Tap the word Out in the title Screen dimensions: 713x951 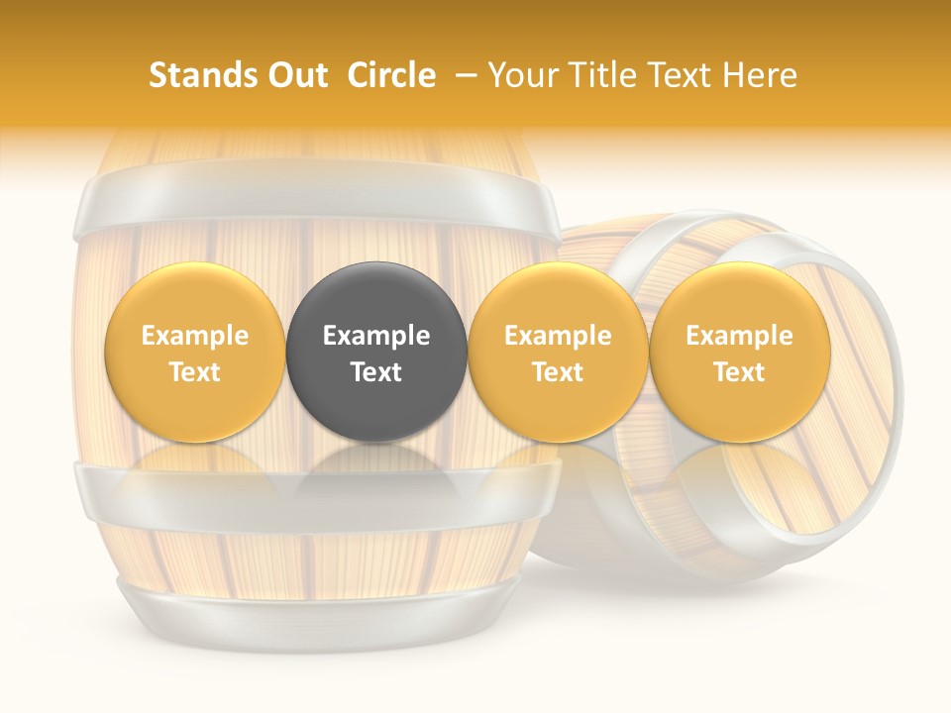tap(294, 75)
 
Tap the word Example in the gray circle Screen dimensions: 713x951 tap(376, 336)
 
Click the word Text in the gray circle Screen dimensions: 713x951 tap(376, 372)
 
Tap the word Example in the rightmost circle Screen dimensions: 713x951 tap(739, 336)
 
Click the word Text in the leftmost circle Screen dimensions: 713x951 tap(195, 372)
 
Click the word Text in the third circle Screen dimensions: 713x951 tap(558, 372)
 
